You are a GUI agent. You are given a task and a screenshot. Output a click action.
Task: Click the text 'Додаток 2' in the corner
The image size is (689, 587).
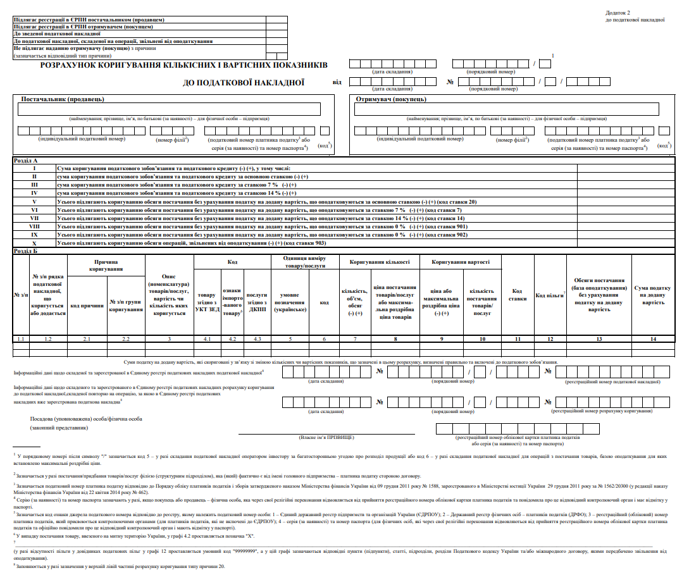point(618,12)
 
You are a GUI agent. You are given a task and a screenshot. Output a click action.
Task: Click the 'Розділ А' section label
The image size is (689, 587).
point(26,161)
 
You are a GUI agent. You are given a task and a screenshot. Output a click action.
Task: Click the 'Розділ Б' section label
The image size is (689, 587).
point(26,251)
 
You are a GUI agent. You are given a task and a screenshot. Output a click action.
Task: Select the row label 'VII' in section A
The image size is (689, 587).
point(35,218)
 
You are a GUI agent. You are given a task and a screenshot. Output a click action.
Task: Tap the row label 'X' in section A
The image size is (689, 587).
point(35,243)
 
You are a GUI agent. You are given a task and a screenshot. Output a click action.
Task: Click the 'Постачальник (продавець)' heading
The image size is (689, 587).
point(63,99)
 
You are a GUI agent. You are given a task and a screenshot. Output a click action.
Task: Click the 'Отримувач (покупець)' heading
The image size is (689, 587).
point(391,99)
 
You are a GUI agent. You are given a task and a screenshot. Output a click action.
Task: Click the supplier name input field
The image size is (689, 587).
point(170,109)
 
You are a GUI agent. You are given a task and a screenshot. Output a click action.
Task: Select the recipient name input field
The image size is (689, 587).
point(511,109)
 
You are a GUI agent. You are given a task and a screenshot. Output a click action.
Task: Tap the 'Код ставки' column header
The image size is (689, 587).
point(518,295)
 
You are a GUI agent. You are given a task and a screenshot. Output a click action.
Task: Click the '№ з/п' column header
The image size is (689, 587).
point(20,295)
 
